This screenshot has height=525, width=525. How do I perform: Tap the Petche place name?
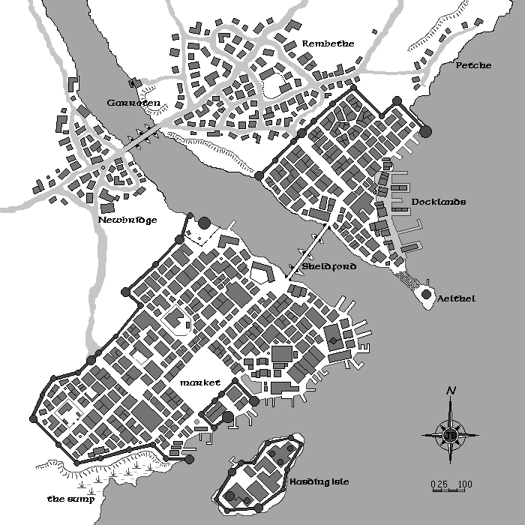[473, 65]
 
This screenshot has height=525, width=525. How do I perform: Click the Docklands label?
[439, 202]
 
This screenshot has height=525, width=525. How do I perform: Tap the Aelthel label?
[456, 298]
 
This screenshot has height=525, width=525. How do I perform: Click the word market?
[199, 382]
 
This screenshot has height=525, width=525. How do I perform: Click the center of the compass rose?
[451, 433]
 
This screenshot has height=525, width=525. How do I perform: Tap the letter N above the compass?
[451, 391]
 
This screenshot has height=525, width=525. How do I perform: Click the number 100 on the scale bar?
[464, 484]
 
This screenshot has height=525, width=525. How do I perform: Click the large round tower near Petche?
[426, 132]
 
